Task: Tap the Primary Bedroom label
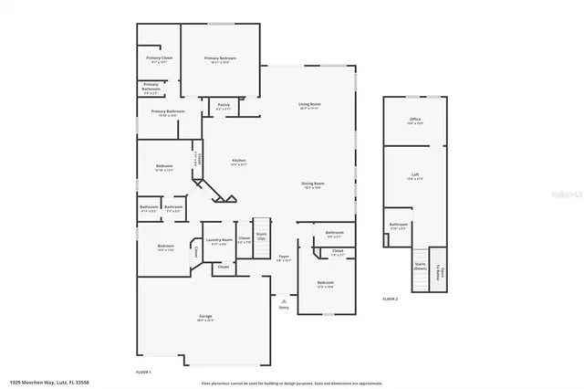[x=215, y=59]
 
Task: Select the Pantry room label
[x=224, y=107]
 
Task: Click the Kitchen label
[x=238, y=162]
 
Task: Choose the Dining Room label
[x=313, y=184]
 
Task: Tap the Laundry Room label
[x=219, y=241]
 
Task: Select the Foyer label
[x=284, y=258]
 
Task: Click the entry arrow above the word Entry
[x=284, y=299]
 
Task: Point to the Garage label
[x=205, y=318]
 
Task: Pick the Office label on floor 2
[x=414, y=121]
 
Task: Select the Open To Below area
[x=439, y=270]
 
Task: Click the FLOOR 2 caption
[x=391, y=300]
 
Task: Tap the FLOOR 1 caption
[x=143, y=373]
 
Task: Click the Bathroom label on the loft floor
[x=399, y=225]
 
